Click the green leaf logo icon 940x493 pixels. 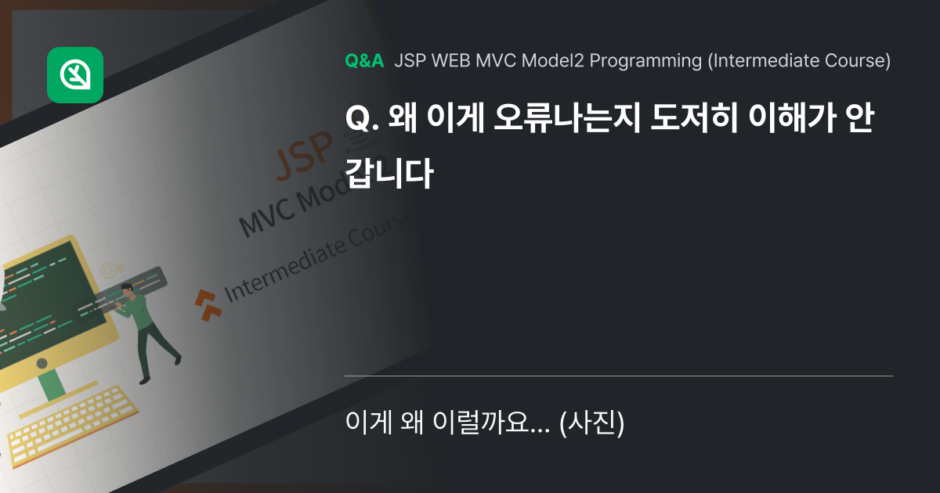(75, 75)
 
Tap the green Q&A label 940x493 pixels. (364, 61)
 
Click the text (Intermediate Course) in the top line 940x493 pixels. (799, 61)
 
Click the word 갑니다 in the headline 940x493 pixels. (389, 173)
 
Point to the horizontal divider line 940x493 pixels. (619, 376)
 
